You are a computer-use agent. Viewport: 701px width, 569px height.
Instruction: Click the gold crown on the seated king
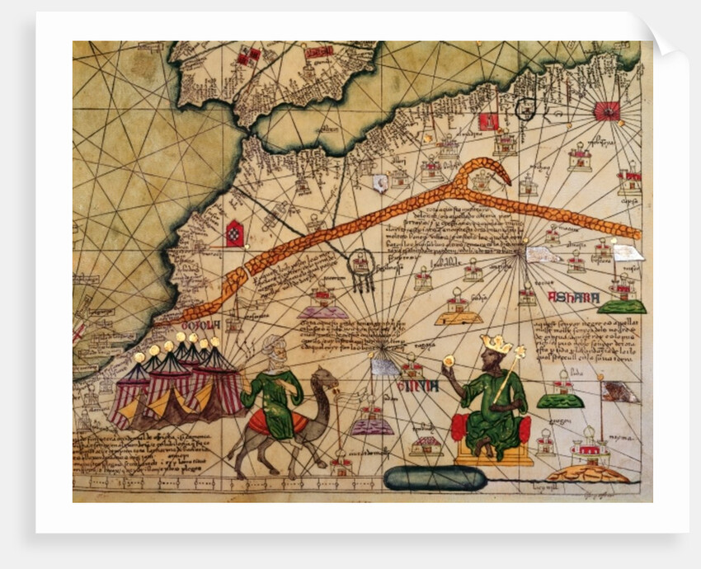pos(496,344)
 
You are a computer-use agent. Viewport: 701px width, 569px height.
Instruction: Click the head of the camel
pos(326,380)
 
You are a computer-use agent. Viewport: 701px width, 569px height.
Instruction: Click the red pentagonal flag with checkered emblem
pos(234,233)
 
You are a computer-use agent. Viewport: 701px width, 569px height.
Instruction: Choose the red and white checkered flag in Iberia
pos(247,57)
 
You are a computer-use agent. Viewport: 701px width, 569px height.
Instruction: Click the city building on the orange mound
pos(587,451)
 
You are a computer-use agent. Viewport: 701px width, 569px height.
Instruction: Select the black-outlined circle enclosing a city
pos(525,108)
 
